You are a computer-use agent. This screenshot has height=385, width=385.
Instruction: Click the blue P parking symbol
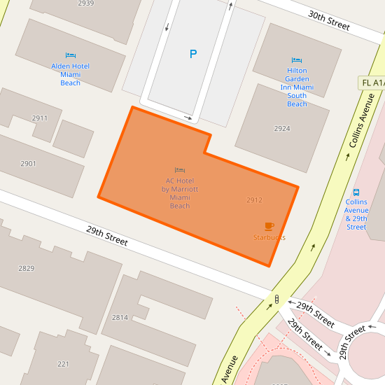(x=193, y=54)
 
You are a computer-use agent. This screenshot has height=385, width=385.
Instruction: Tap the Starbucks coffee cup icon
(x=269, y=226)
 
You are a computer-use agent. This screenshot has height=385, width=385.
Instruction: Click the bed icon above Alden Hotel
(x=70, y=55)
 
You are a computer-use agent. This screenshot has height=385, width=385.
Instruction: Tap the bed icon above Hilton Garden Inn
(x=297, y=61)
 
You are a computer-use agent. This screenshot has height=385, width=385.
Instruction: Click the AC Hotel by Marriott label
(x=180, y=193)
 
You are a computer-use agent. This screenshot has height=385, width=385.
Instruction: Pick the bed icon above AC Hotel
(x=180, y=170)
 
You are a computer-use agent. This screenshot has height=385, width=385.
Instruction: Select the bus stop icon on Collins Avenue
(x=356, y=192)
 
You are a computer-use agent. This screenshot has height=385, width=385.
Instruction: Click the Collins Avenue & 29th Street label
(x=356, y=214)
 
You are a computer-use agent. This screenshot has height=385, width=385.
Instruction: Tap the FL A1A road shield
(x=372, y=83)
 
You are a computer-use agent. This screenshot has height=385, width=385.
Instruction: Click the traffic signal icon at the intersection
(x=276, y=300)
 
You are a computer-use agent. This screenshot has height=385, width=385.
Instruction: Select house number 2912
(x=254, y=200)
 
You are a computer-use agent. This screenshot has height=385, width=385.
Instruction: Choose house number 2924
(x=282, y=129)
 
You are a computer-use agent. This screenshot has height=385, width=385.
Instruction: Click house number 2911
(x=39, y=118)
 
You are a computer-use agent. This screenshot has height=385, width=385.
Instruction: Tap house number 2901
(x=28, y=164)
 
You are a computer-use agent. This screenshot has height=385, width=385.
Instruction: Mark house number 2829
(x=26, y=268)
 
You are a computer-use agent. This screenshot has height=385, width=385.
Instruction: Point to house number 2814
(x=120, y=317)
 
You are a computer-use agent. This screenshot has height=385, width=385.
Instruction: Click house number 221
(x=63, y=364)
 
